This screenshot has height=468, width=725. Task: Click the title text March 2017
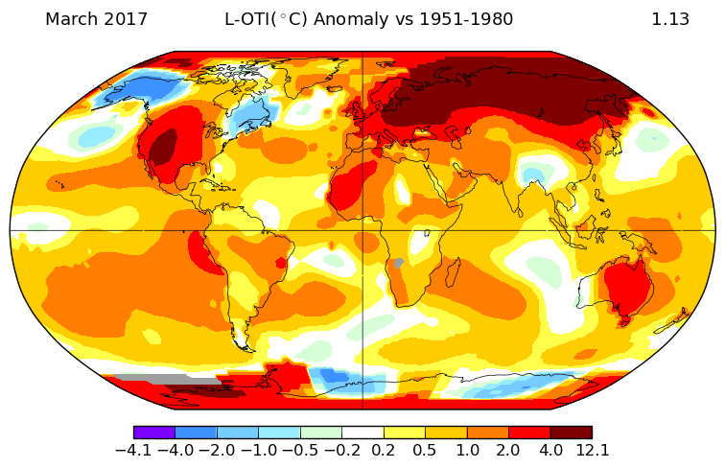[96, 19]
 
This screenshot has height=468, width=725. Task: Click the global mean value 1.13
[670, 19]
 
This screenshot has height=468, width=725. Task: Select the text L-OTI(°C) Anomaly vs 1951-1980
[368, 19]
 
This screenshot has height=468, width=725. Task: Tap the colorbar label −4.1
[133, 450]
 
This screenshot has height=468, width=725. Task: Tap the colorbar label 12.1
[592, 450]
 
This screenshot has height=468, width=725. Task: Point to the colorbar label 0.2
[384, 450]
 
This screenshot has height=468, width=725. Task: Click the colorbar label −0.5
[299, 450]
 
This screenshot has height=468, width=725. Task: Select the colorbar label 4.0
[550, 450]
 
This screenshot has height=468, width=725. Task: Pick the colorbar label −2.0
[217, 450]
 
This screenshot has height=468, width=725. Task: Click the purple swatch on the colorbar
[153, 433]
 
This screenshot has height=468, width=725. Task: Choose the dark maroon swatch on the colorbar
[572, 433]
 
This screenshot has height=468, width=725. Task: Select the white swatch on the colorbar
[362, 433]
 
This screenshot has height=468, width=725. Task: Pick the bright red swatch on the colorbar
[529, 433]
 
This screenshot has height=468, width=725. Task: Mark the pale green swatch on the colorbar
[320, 433]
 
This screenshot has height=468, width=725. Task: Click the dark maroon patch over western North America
[164, 149]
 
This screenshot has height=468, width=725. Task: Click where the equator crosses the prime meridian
[362, 230]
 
